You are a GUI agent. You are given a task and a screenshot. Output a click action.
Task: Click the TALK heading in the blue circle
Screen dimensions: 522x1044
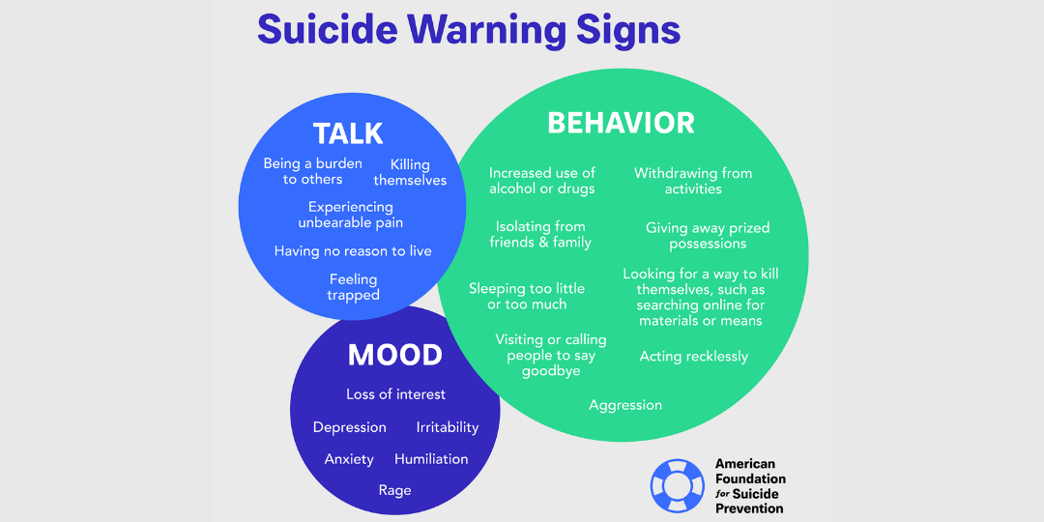click(348, 133)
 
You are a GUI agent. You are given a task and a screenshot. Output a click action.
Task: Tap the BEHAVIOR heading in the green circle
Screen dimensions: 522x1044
click(621, 123)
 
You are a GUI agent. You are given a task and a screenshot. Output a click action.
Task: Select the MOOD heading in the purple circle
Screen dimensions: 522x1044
click(394, 355)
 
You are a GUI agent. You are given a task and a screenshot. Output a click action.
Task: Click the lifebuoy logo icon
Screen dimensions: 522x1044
click(677, 485)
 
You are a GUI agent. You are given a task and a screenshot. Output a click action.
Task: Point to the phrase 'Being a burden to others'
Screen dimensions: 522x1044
click(313, 171)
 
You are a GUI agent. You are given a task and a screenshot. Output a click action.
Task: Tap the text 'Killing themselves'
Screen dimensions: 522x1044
click(410, 172)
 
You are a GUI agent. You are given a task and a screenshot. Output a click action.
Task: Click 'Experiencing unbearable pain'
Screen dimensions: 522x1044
click(351, 215)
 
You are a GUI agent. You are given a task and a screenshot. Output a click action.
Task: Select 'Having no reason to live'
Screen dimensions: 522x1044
click(353, 251)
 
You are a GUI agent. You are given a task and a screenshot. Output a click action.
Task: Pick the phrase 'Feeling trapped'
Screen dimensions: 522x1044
click(353, 287)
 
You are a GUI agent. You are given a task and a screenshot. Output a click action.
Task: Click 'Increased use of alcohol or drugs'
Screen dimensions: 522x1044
click(542, 181)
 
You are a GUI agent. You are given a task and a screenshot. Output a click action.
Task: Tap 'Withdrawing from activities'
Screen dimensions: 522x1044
click(693, 181)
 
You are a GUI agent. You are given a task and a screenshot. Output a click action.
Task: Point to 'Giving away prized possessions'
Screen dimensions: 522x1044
click(708, 236)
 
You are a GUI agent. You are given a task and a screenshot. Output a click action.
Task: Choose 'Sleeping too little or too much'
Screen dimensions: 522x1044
click(527, 296)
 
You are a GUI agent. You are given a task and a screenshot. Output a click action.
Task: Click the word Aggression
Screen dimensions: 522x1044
click(625, 405)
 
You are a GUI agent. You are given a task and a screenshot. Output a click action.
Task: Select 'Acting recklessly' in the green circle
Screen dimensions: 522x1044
click(694, 357)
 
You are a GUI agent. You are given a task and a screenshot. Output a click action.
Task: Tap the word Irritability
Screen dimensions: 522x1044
click(448, 427)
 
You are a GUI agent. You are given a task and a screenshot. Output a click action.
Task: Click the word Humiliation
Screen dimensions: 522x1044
click(431, 459)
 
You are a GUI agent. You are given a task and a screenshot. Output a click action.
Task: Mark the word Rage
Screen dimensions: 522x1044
click(394, 491)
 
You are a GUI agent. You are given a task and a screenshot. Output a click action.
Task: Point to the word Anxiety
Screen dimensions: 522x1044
click(349, 459)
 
